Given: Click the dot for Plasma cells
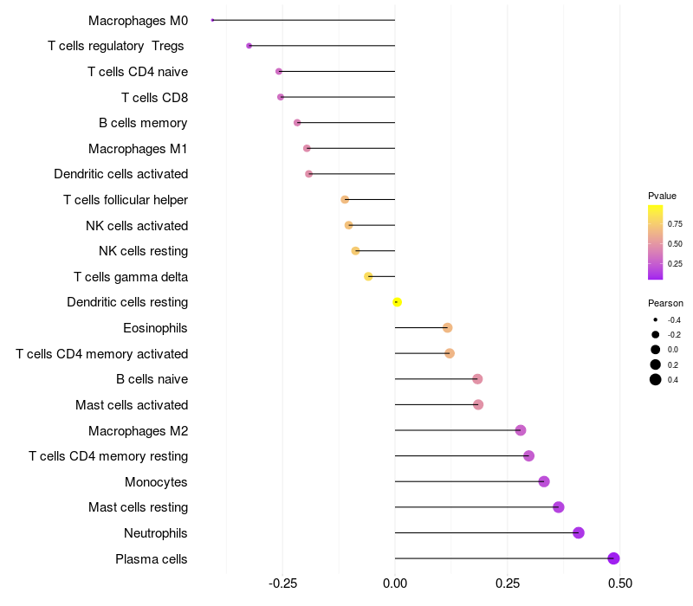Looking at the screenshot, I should coord(613,558).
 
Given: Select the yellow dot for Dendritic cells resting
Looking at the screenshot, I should coord(397,302).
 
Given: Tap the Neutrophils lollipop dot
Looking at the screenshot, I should coord(579,532).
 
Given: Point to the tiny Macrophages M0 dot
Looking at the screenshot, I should coord(212,20).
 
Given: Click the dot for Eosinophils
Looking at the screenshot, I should coord(447,327).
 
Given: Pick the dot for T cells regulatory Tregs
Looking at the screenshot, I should coord(249,45).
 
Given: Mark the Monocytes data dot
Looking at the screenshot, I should coord(544,481).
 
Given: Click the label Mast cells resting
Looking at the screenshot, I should coord(138,507).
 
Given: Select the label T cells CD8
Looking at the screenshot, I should coord(154,97).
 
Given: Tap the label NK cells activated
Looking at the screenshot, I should coord(137,226).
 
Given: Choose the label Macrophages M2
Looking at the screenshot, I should coord(138,430).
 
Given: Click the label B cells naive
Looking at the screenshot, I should coord(152,379).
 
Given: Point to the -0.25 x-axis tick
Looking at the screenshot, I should coord(282,583).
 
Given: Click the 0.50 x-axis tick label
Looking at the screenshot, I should coord(619,583).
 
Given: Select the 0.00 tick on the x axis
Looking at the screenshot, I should coord(395,583).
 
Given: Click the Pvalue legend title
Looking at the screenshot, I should coord(662,196).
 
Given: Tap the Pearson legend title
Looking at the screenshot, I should coord(665,303).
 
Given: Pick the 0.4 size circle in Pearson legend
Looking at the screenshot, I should coord(656,379).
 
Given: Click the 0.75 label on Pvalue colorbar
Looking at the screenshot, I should coord(675,223).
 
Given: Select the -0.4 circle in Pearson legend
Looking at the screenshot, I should coord(656,320).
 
